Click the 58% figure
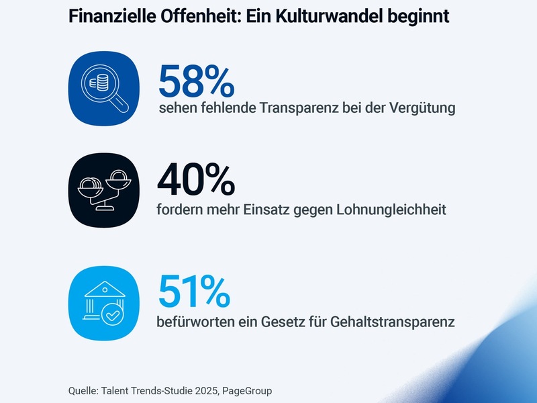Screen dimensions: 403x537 pos(196,81)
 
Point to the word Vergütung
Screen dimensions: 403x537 pos(423,109)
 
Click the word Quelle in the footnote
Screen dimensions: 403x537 pos(82,390)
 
